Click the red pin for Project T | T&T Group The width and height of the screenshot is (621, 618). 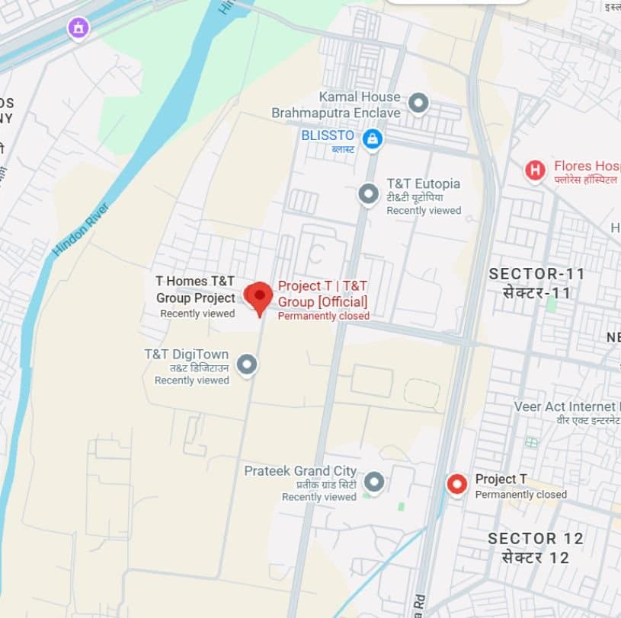pos(258,296)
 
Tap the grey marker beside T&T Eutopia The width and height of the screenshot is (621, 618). pos(369,194)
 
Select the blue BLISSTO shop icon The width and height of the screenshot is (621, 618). pos(372,139)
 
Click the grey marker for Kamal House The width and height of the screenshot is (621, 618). pos(418,103)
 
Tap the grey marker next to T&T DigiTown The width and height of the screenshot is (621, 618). pos(246,365)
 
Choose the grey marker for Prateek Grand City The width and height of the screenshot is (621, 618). pos(373,482)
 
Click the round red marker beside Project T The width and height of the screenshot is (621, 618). pos(457,484)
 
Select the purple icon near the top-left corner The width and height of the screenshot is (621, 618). pos(78,29)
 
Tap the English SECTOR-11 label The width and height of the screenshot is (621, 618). pos(537,274)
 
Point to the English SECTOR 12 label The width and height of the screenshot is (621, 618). pos(536,539)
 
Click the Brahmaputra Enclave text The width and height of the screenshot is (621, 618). pos(335,113)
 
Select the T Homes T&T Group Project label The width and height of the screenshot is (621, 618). pos(195,289)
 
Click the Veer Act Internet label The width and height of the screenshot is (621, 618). pos(565,407)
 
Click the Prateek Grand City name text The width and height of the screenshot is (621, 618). pos(300,471)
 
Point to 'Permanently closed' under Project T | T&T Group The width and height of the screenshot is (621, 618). pos(323,316)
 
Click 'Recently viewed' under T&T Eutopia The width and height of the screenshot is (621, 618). pos(424,210)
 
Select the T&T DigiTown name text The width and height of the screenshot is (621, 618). pos(187,354)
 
